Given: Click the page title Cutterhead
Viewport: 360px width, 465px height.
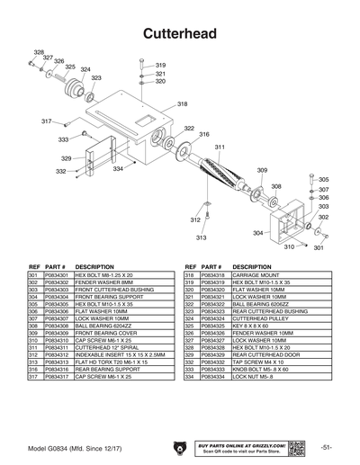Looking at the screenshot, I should pyautogui.click(x=179, y=33).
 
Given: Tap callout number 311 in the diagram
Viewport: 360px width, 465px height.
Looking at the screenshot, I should pyautogui.click(x=219, y=147).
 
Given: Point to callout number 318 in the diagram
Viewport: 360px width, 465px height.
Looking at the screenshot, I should pyautogui.click(x=183, y=105).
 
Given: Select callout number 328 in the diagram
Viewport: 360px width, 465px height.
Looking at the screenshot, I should pyautogui.click(x=39, y=52).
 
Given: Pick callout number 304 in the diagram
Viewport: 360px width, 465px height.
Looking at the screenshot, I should pyautogui.click(x=257, y=233).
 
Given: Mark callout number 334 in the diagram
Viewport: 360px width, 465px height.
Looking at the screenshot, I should pyautogui.click(x=118, y=169).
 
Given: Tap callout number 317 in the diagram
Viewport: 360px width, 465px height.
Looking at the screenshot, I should pyautogui.click(x=46, y=121).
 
